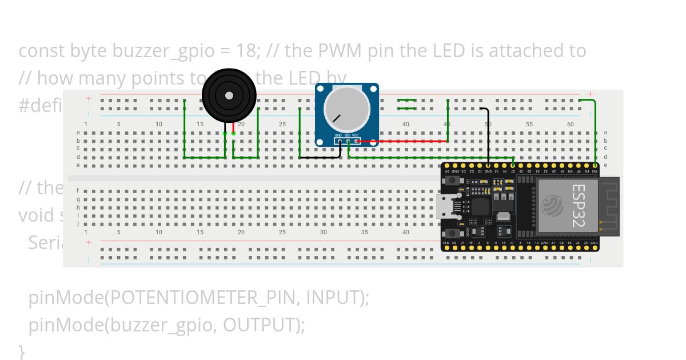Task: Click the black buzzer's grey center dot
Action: pos(229,95)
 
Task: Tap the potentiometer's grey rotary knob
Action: pos(346,109)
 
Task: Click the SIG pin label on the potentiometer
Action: pos(347,135)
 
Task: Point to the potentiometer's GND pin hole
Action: pos(339,141)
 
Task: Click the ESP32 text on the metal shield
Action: pos(578,206)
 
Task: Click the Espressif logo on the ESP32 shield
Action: pos(553,206)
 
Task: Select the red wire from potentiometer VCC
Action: pos(400,141)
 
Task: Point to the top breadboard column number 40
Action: pos(405,124)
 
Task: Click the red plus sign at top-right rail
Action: pos(590,94)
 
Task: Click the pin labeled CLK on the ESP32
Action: pos(446,243)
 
